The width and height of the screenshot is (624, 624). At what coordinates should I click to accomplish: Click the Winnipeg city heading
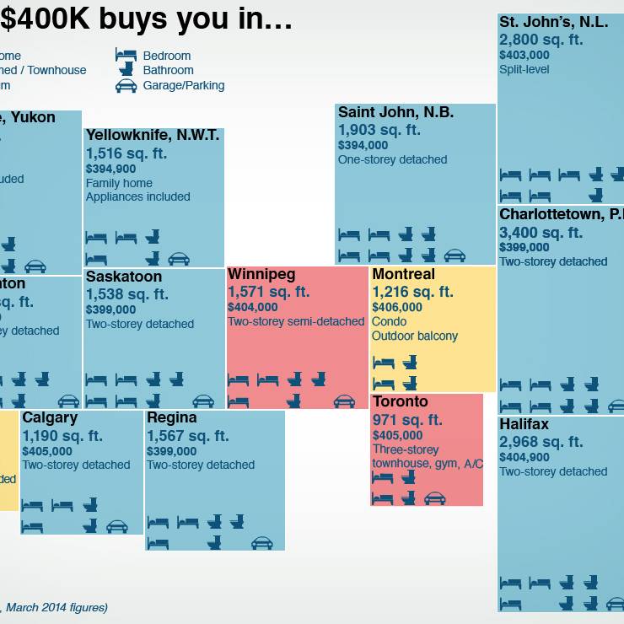pos(261,275)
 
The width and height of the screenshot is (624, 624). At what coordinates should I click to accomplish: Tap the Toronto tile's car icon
pos(434,498)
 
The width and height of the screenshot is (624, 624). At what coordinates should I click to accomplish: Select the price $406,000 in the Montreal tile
pos(397,308)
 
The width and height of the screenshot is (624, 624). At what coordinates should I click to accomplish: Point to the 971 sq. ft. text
pos(407,420)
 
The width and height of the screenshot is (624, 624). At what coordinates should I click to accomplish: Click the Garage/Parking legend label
pos(184,85)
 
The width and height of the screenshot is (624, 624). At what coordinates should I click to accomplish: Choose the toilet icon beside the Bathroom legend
pos(126,71)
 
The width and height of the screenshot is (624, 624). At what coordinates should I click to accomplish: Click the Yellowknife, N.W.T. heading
pos(153,136)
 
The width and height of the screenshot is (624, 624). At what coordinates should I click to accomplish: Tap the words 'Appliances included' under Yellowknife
pos(138,196)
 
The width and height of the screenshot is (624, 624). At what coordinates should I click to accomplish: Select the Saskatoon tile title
pos(124,277)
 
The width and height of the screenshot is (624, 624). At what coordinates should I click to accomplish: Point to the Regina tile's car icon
pos(262,543)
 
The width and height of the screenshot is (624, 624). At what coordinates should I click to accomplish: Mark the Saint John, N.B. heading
pos(395,112)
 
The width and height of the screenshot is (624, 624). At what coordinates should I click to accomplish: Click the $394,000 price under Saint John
pos(363,145)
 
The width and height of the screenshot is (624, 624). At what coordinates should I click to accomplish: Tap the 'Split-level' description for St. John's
pos(524,69)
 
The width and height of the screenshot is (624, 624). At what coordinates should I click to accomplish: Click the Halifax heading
pos(524,424)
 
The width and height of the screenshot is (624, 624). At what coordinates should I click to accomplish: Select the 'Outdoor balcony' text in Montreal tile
pos(415,336)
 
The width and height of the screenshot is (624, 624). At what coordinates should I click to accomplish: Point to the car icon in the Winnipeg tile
pos(344,401)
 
